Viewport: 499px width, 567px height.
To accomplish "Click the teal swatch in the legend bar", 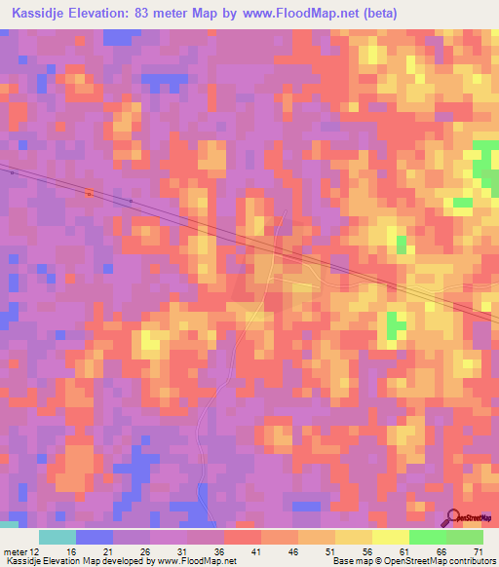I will point(58,537).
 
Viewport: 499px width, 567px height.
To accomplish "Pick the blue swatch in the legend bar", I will point(95,537).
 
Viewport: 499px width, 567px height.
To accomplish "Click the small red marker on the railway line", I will point(89,193).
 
